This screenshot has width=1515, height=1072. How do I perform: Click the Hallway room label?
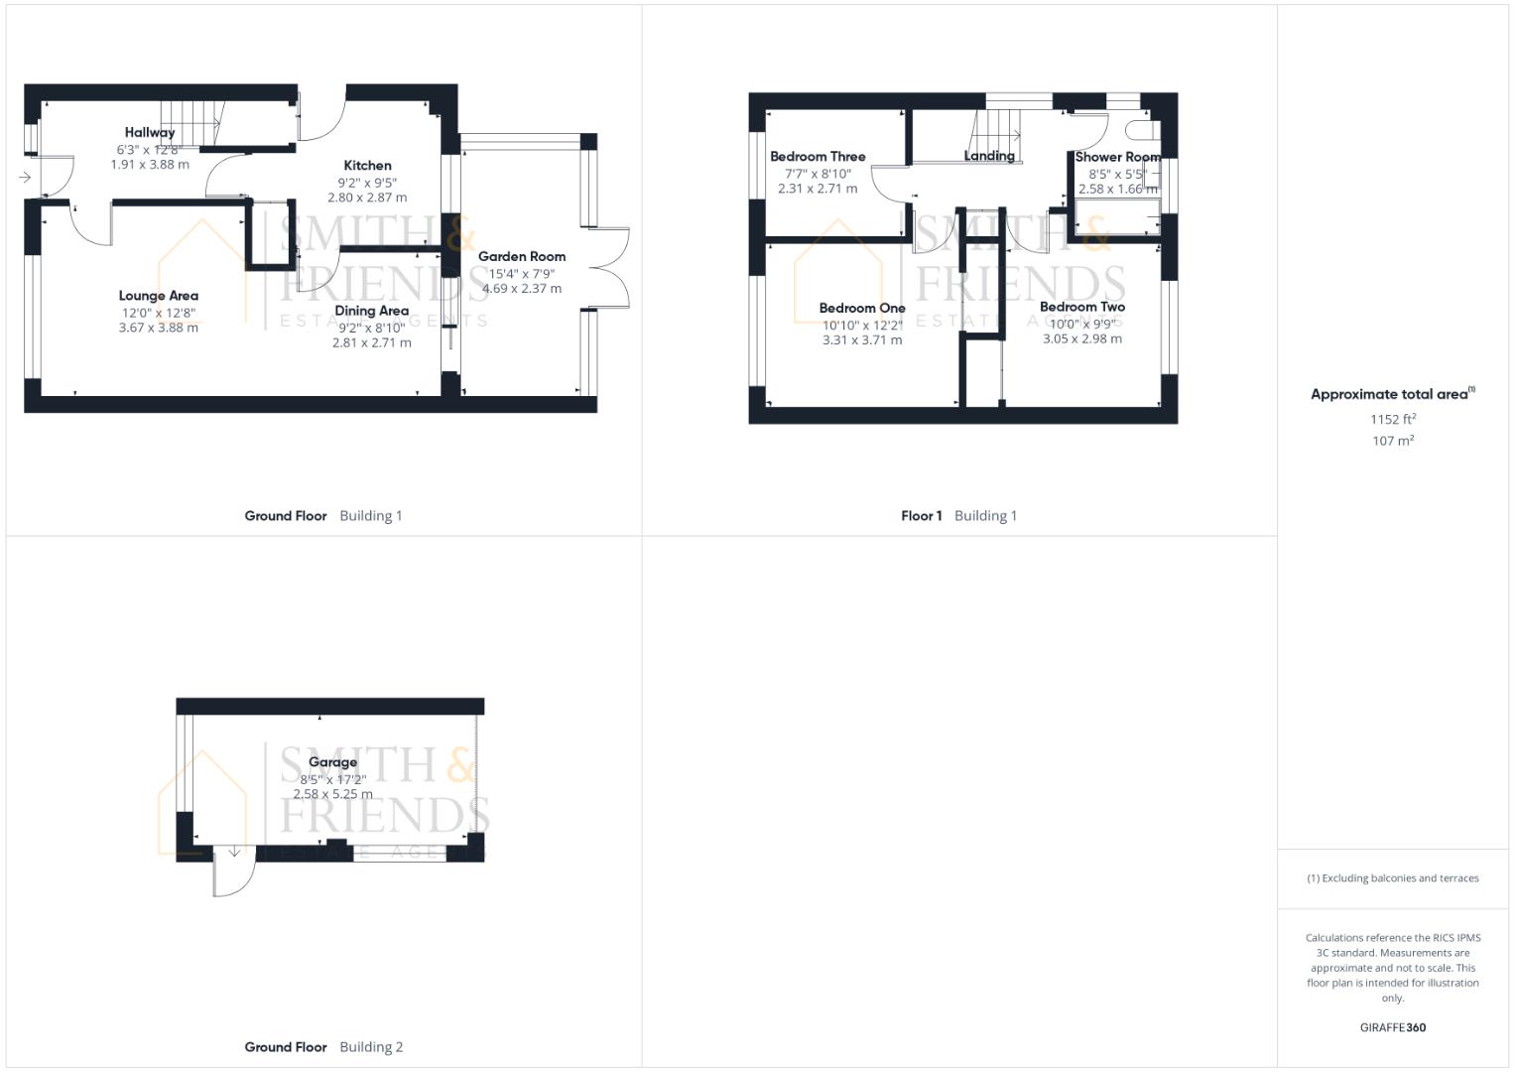coord(150,133)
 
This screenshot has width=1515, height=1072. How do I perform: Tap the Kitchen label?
coord(367,165)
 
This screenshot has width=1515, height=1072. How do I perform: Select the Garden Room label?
coord(522,256)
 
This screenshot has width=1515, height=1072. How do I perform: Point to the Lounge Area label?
coord(159,296)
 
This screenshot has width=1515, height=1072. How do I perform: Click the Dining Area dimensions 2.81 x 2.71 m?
coord(371,342)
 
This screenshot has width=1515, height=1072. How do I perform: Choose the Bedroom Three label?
coord(818,157)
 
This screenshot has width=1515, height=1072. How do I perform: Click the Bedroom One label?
coord(861,308)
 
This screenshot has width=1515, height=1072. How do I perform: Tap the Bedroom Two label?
coord(1082,307)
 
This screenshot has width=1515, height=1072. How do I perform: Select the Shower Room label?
coord(1117,157)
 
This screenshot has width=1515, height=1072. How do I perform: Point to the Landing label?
coord(989,157)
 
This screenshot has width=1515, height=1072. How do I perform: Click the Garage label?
coord(332,762)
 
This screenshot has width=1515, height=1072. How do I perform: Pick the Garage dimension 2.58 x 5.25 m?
coord(332,794)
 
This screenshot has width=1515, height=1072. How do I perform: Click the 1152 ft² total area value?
coord(1393,419)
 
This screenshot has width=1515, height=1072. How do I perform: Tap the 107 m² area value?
coord(1393,441)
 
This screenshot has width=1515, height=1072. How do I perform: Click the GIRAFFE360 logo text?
coord(1393,1027)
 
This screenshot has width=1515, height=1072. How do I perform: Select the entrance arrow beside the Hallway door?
coord(25,178)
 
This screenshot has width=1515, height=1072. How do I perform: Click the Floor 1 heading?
coord(921,516)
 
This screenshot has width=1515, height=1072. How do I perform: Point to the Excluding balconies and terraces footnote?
coord(1393,878)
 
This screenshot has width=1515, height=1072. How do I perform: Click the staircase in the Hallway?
coord(192,123)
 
